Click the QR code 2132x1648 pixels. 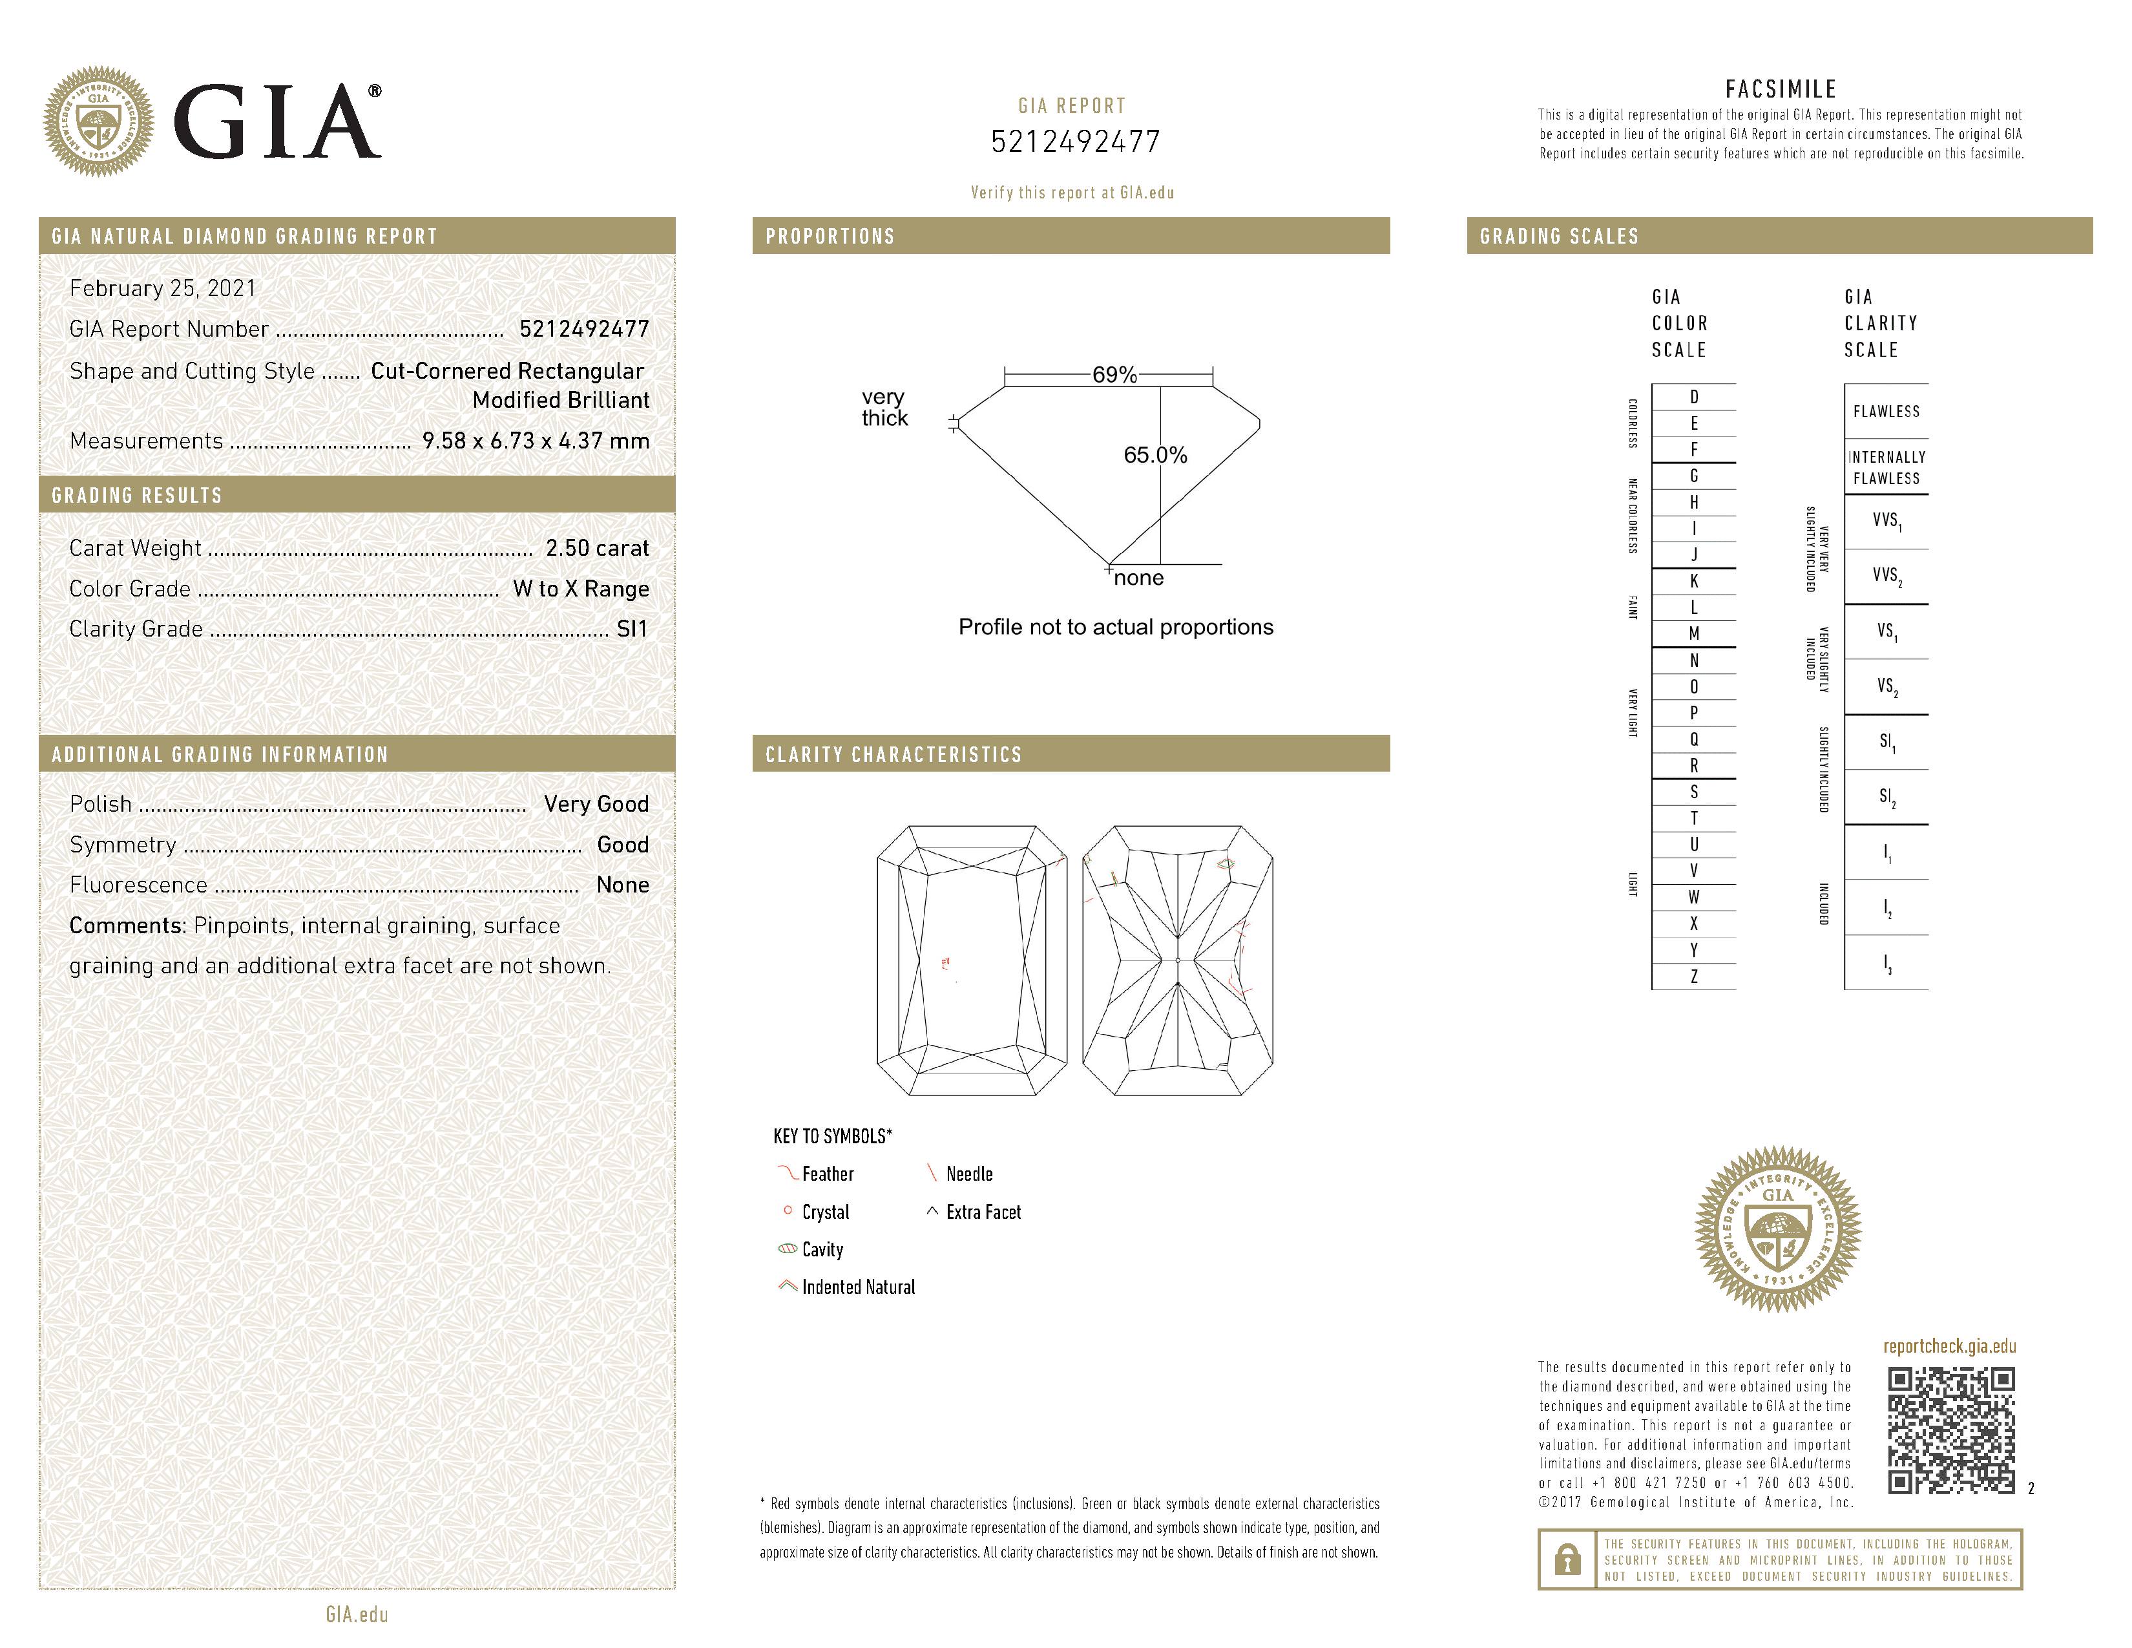(x=1950, y=1430)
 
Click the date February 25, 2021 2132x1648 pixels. (x=163, y=288)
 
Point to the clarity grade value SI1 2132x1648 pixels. (x=632, y=629)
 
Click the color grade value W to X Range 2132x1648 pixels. (x=581, y=589)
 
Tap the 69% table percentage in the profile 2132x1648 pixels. (x=1114, y=375)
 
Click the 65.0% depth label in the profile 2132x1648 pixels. (x=1155, y=455)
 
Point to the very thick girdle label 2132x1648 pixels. (x=883, y=407)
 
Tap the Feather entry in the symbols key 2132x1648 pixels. (x=827, y=1174)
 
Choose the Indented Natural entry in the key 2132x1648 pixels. (x=858, y=1287)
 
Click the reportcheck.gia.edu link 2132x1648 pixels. (x=1949, y=1346)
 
